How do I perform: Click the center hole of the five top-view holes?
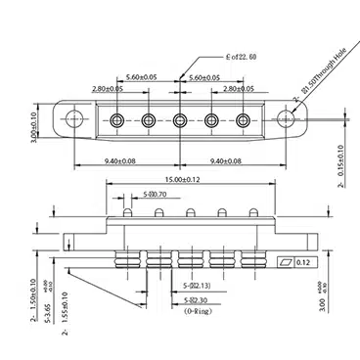(181, 120)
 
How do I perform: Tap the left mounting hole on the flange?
(75, 120)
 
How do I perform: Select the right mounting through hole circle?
(287, 119)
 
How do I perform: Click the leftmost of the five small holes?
(117, 120)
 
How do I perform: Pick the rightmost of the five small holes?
(245, 120)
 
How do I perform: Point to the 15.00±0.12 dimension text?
(181, 180)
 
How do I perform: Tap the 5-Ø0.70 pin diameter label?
(156, 195)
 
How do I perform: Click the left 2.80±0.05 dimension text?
(108, 88)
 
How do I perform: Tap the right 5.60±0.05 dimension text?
(210, 76)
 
